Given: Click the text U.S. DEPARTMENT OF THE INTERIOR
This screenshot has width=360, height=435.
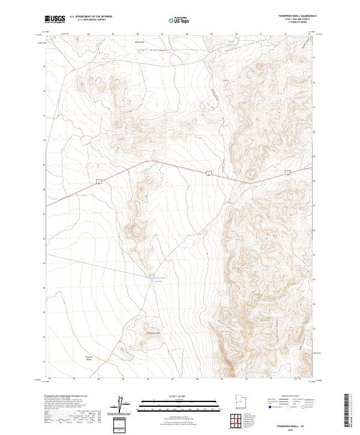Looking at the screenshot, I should [x=91, y=16].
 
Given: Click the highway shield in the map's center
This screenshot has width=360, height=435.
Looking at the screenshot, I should [x=207, y=173].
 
